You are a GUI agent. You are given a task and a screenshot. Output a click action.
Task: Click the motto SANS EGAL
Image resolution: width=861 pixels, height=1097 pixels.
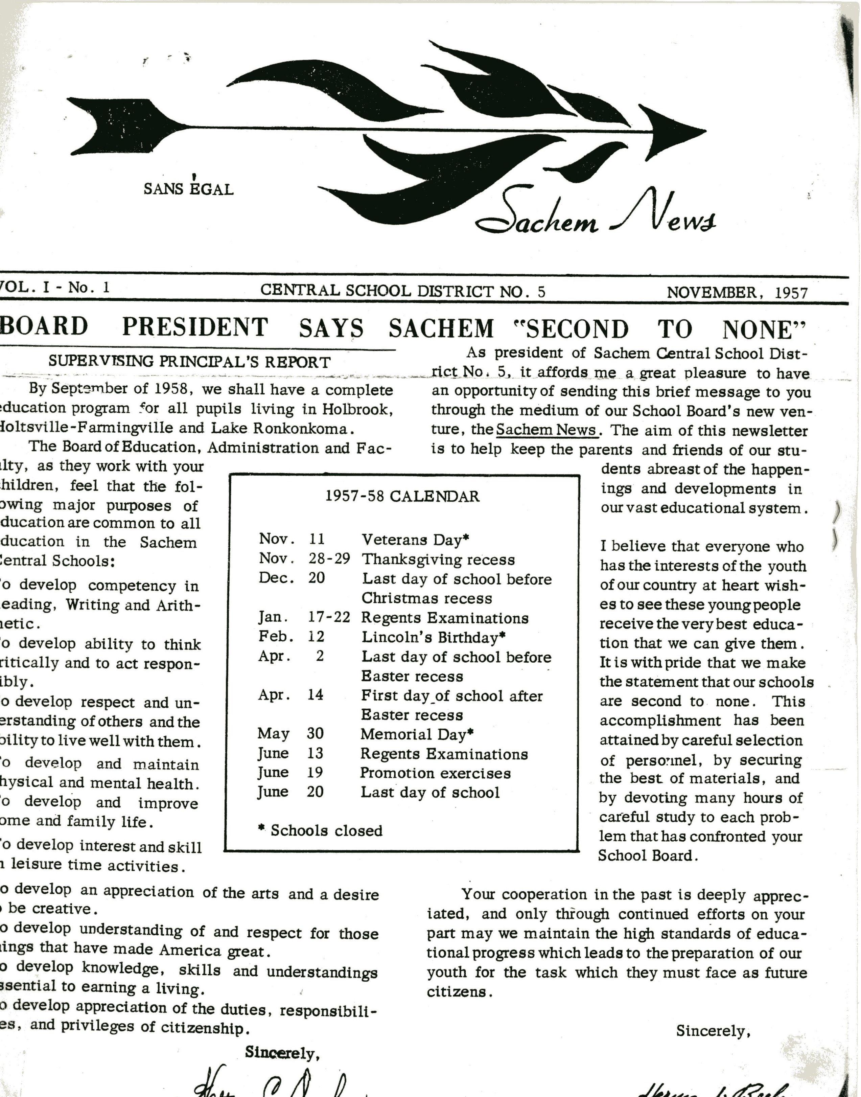(188, 189)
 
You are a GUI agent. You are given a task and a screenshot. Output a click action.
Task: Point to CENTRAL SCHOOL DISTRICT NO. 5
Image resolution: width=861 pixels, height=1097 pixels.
(403, 291)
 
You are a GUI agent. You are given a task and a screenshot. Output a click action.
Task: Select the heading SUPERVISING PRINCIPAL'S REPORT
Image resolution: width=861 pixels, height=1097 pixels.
(189, 362)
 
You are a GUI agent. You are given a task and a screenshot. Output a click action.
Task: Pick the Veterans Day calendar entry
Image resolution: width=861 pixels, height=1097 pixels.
(415, 540)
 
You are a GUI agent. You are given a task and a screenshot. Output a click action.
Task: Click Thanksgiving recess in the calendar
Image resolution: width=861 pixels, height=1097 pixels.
(438, 559)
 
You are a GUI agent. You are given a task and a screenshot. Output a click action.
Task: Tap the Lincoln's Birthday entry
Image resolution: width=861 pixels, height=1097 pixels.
(433, 637)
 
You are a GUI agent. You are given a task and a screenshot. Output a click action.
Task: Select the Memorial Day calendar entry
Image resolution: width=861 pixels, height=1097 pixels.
(417, 734)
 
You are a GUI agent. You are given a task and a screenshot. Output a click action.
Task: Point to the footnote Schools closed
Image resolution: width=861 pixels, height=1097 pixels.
(321, 830)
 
